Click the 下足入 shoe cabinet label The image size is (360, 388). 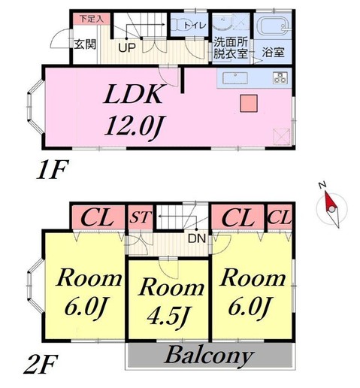(x=92, y=19)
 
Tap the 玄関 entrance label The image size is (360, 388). (x=85, y=44)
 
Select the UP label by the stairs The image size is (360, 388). (x=127, y=47)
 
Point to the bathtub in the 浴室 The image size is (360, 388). (x=274, y=26)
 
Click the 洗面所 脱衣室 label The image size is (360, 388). (x=231, y=48)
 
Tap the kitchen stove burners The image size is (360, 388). (x=280, y=77)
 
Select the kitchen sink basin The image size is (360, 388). (x=235, y=78)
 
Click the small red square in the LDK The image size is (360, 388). (x=249, y=103)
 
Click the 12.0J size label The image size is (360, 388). (x=132, y=126)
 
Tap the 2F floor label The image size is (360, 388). (x=41, y=365)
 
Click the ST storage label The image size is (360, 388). (x=141, y=217)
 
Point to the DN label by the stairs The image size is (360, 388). (x=197, y=238)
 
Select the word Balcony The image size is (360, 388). (x=209, y=356)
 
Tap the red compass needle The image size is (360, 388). (x=328, y=201)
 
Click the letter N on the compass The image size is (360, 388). (x=322, y=185)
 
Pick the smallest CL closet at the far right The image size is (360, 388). (x=280, y=217)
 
